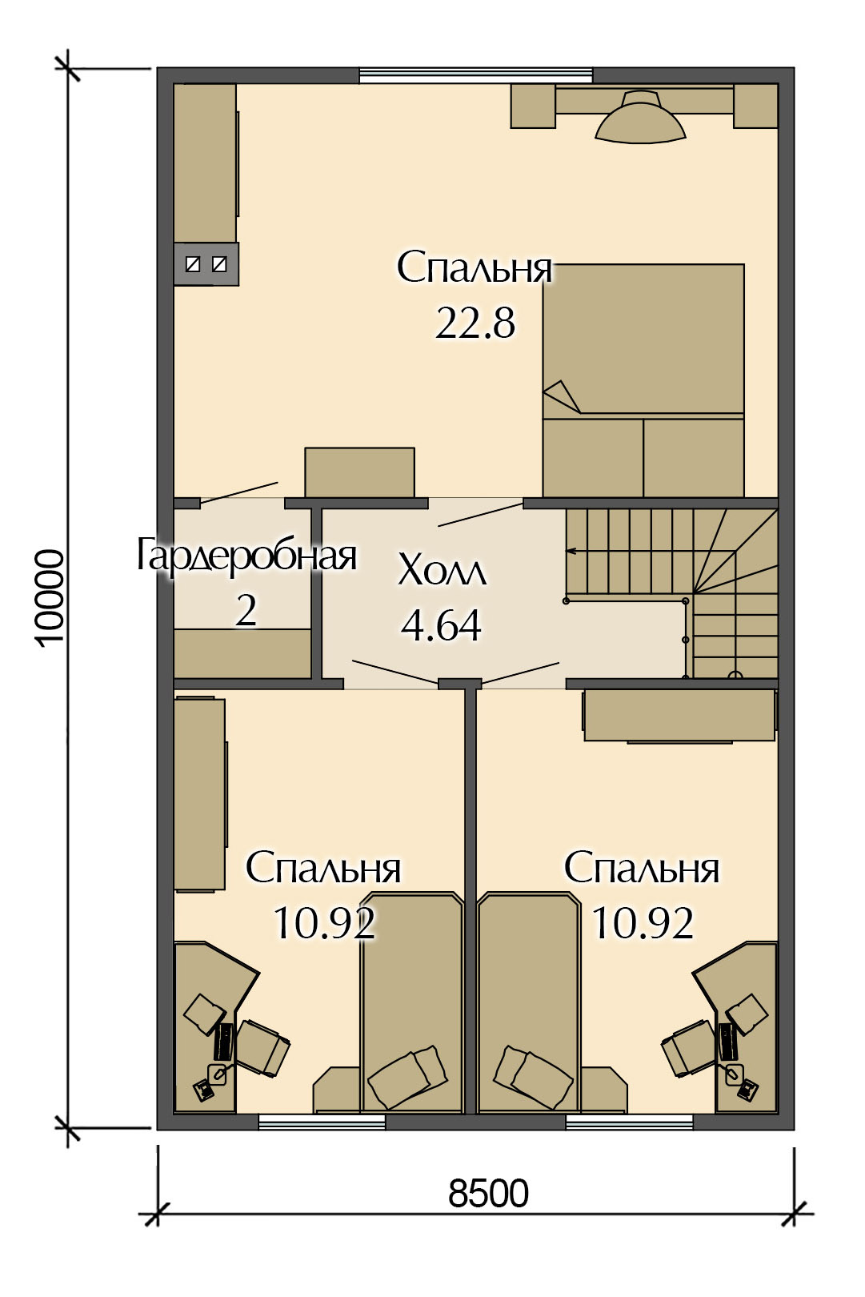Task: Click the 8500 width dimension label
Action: coord(488,1194)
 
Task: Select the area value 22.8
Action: coord(475,323)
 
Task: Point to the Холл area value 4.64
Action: coord(441,626)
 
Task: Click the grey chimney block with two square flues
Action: coord(206,264)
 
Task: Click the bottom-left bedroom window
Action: coord(322,1122)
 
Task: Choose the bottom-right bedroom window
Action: coord(630,1122)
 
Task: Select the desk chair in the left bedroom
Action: coord(262,1048)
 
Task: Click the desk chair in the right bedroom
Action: coord(688,1048)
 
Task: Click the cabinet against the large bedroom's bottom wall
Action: coord(359,472)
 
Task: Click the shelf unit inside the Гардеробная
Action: coord(243,653)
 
